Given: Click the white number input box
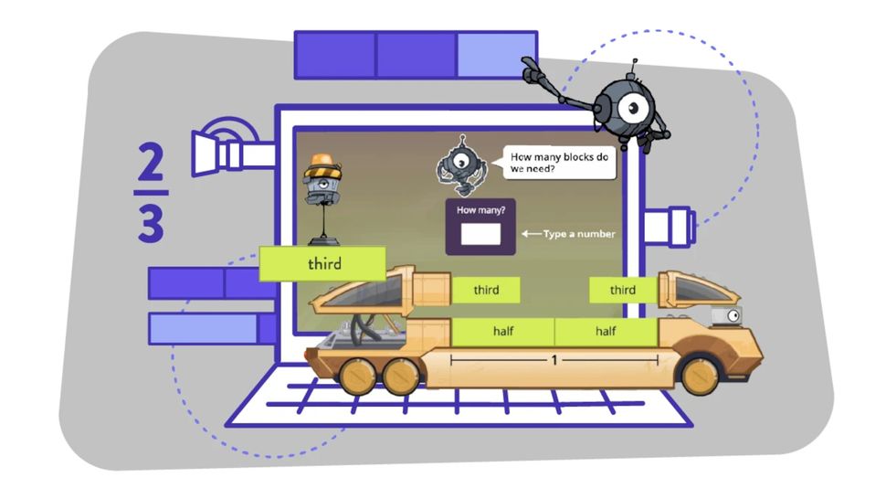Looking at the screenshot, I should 480,234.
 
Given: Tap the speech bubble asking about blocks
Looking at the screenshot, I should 558,162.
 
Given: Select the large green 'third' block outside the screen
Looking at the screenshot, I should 323,264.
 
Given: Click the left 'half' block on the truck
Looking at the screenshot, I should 503,331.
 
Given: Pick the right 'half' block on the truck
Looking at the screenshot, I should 606,331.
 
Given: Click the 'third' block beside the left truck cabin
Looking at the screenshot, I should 486,291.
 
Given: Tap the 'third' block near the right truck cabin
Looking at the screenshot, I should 622,291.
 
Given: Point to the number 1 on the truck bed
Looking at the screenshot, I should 554,360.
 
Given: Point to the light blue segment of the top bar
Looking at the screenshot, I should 496,54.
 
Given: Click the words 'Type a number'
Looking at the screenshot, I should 579,234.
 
